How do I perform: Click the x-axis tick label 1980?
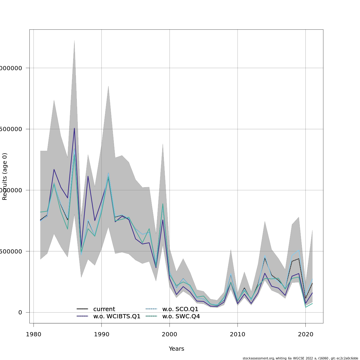click(34, 334)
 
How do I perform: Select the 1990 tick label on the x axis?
click(101, 334)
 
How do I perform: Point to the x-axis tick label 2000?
click(169, 334)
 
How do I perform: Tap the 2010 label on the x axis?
click(238, 334)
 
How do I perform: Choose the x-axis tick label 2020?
click(305, 334)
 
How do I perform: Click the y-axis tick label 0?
click(20, 312)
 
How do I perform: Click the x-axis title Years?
click(176, 349)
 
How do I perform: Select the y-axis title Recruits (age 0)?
click(5, 176)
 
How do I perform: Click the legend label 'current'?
click(104, 309)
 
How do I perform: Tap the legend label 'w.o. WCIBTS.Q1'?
click(117, 316)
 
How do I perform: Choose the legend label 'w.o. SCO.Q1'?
click(180, 309)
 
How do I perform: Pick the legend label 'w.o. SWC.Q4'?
click(181, 316)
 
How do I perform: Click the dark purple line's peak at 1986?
click(74, 128)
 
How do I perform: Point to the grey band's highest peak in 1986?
click(74, 40)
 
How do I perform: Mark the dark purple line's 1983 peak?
click(54, 169)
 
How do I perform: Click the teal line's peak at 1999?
click(163, 204)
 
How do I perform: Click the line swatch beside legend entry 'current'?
click(82, 309)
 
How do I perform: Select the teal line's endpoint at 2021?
click(312, 303)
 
